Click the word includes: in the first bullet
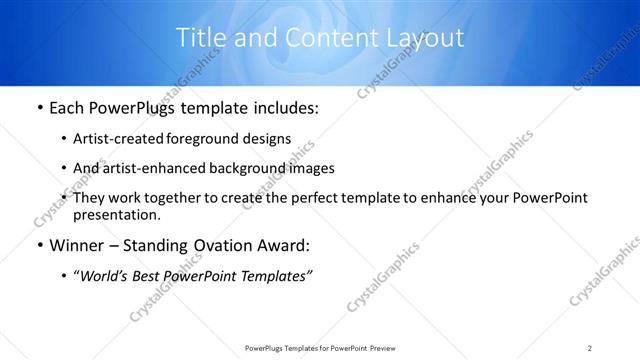284,108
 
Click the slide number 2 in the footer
590,347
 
